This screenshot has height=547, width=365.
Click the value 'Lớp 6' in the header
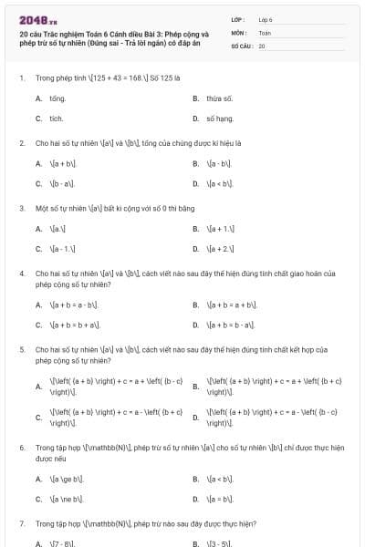click(x=266, y=18)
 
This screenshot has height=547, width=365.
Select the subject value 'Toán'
click(x=265, y=32)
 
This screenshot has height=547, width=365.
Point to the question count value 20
click(x=262, y=46)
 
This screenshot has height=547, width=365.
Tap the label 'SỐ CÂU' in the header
click(x=241, y=46)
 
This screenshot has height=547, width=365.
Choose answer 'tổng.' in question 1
click(x=57, y=98)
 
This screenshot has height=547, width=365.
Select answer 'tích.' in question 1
click(x=57, y=119)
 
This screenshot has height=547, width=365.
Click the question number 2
click(x=21, y=143)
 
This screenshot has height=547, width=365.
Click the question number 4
click(x=21, y=273)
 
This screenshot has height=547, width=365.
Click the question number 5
click(x=21, y=349)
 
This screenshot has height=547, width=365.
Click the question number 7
click(x=21, y=524)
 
